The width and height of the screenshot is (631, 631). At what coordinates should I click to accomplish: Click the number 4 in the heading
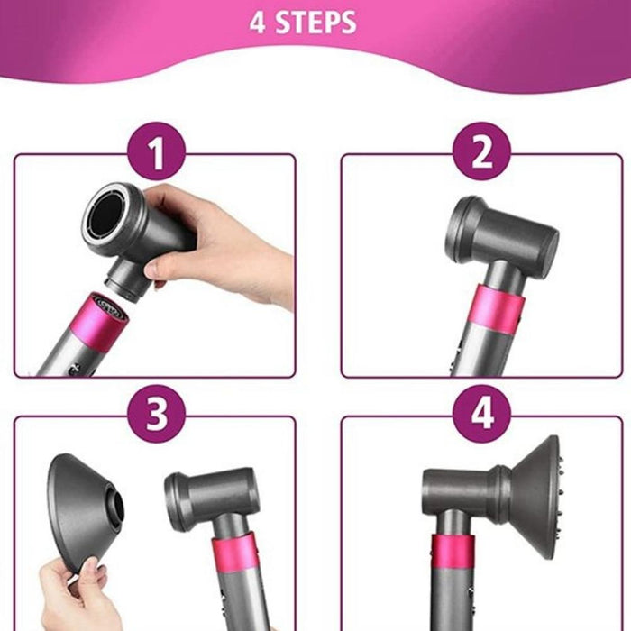pyautogui.click(x=258, y=22)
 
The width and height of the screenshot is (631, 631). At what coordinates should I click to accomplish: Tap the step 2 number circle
pyautogui.click(x=481, y=153)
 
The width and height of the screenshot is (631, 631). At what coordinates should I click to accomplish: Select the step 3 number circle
pyautogui.click(x=157, y=416)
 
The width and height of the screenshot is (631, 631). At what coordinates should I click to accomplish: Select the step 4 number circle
pyautogui.click(x=481, y=416)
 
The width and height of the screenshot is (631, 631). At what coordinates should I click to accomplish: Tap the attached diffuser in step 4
pyautogui.click(x=532, y=491)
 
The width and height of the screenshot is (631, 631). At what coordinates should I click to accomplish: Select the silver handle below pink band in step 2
pyautogui.click(x=491, y=356)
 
